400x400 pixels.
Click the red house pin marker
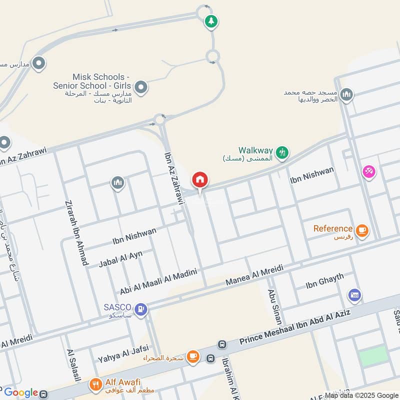[200, 180]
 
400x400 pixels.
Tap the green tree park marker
[211, 21]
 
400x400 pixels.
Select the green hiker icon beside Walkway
[282, 152]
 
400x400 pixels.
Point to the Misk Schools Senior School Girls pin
[141, 88]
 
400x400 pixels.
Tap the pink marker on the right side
[369, 171]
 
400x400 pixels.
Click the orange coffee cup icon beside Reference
[362, 230]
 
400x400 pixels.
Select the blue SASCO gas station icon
[141, 309]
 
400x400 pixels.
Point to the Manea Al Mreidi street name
[254, 275]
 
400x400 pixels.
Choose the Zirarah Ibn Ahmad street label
[76, 233]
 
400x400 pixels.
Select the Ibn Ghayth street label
[325, 281]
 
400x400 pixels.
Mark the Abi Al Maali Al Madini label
[158, 281]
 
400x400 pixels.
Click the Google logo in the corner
[21, 392]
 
